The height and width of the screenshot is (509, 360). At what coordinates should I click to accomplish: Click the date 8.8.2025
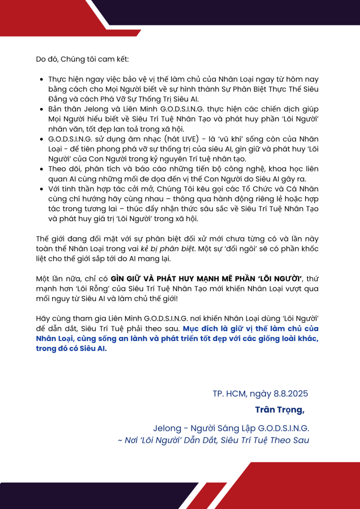pos(291,394)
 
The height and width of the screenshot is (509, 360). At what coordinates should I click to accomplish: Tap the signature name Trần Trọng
pos(279,410)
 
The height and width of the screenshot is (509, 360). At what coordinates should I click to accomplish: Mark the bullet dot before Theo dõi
pos(41,169)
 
